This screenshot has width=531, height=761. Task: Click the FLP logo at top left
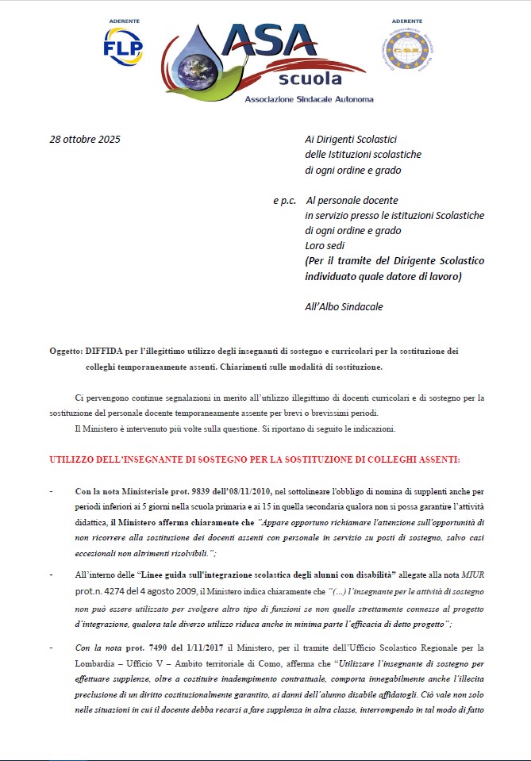coord(123,45)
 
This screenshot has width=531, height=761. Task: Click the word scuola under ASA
coord(310,79)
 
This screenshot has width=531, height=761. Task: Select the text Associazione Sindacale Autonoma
coord(309,99)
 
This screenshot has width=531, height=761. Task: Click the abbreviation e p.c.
coord(284,201)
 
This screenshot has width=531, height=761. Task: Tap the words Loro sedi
coord(325,246)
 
